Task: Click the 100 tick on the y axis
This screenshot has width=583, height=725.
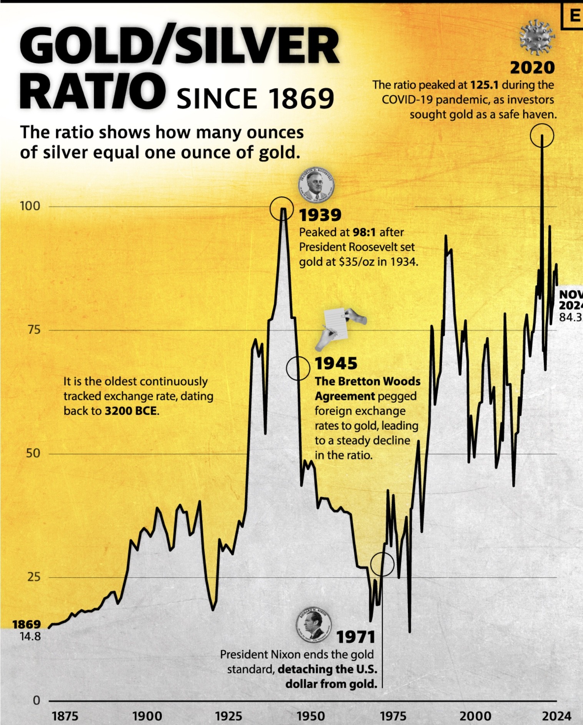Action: point(30,206)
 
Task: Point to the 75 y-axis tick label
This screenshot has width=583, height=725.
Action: point(34,330)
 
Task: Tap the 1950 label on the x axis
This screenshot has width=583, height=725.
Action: point(311,716)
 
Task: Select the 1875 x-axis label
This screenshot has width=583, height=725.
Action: point(65,716)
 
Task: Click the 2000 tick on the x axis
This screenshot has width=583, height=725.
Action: point(475,716)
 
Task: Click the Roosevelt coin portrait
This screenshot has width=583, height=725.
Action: point(316,184)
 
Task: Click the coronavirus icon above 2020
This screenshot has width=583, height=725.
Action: point(537,38)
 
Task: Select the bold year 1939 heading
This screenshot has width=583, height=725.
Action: point(320,215)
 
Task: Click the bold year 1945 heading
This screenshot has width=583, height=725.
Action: point(336,363)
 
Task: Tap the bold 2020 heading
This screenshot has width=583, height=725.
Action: point(532,68)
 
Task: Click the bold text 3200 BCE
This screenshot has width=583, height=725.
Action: point(131,411)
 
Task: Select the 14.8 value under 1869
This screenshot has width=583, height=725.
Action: point(30,637)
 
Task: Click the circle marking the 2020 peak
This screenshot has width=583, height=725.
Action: point(542,135)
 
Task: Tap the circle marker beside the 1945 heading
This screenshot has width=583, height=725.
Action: point(298,368)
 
